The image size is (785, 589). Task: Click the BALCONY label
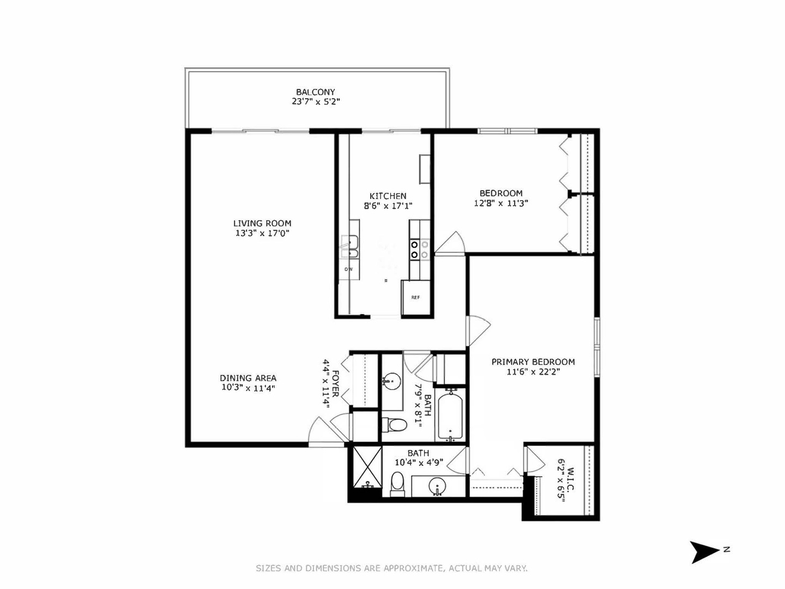[x=315, y=92]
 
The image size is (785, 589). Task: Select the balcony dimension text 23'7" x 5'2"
[x=315, y=101]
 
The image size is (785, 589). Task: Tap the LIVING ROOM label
[x=262, y=223]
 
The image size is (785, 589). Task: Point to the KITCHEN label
[x=388, y=196]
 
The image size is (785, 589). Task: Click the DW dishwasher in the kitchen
[x=348, y=269]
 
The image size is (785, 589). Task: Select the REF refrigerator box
[x=415, y=298]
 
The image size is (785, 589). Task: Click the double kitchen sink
[x=349, y=246]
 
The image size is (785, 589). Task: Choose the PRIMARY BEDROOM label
[x=533, y=362]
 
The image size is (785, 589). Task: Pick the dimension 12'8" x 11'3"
[x=500, y=203]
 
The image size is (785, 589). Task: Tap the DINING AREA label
[x=248, y=378]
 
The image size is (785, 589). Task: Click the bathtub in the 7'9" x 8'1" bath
[x=450, y=416]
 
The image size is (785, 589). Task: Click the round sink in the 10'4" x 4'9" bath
[x=437, y=486]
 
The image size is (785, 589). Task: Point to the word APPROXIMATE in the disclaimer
[x=414, y=568]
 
